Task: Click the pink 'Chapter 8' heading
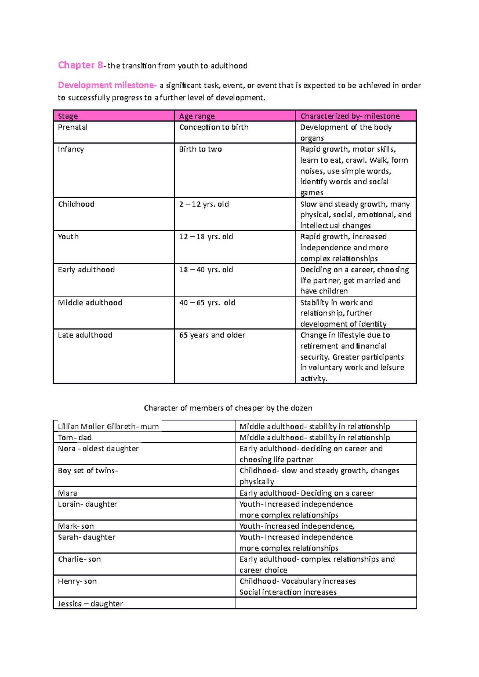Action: click(x=80, y=65)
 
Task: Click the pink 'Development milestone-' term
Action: click(x=107, y=85)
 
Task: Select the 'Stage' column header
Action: click(x=68, y=116)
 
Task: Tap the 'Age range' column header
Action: click(x=197, y=116)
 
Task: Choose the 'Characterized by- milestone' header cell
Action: click(x=350, y=116)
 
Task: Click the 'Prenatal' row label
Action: click(x=73, y=127)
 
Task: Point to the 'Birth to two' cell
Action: click(x=200, y=149)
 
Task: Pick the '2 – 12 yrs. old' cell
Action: click(x=204, y=204)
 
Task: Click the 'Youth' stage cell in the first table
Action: click(x=68, y=237)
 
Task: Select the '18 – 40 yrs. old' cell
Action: click(x=206, y=270)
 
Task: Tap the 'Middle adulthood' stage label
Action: click(x=90, y=303)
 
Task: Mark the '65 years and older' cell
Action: click(x=212, y=335)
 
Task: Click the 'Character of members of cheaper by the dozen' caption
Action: click(x=228, y=408)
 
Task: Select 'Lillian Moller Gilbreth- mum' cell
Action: click(x=108, y=427)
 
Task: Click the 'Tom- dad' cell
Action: click(x=75, y=438)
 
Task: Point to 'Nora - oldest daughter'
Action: click(x=98, y=449)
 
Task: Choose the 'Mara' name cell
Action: click(x=67, y=493)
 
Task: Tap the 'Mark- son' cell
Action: click(x=76, y=526)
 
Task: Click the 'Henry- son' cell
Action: click(x=77, y=581)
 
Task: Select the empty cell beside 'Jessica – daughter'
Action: click(x=325, y=603)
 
